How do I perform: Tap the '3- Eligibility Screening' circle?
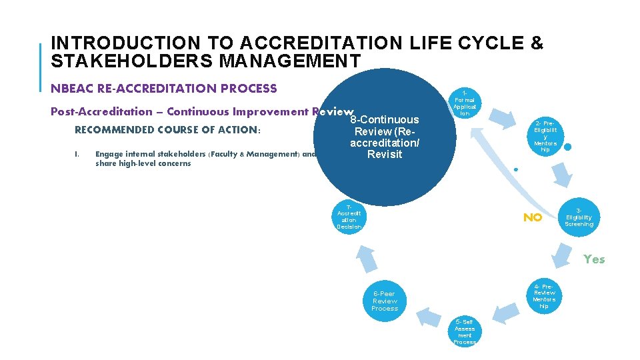[579, 217]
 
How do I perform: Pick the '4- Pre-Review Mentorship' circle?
[544, 295]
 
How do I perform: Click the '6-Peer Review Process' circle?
[385, 301]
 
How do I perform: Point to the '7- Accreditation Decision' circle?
[349, 217]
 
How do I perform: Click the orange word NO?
[532, 217]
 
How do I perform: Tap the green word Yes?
[594, 259]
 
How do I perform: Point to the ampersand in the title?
[536, 43]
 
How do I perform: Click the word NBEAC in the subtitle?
[71, 88]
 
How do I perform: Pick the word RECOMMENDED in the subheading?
[115, 129]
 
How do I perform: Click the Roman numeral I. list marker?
[77, 154]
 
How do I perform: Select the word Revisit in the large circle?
[384, 155]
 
